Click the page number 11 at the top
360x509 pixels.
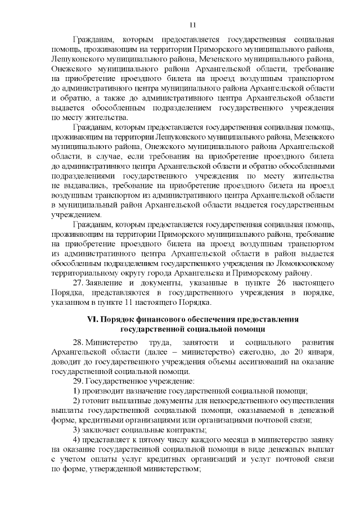(x=192, y=25)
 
